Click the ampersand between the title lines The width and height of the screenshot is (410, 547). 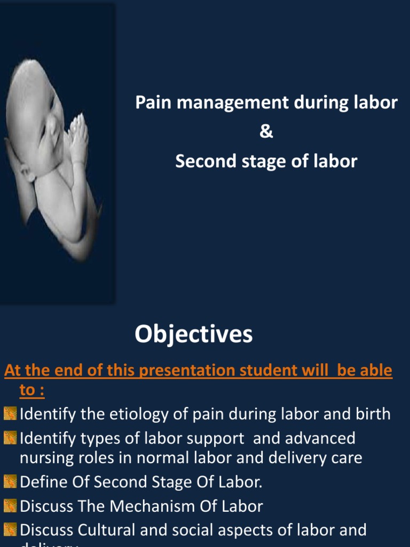point(266,132)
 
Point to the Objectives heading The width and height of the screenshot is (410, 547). point(193,335)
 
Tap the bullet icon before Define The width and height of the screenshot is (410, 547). point(10,481)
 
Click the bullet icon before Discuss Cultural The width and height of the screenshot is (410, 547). point(10,530)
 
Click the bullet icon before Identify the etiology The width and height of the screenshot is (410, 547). point(10,414)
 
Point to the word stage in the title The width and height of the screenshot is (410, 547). point(255,162)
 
